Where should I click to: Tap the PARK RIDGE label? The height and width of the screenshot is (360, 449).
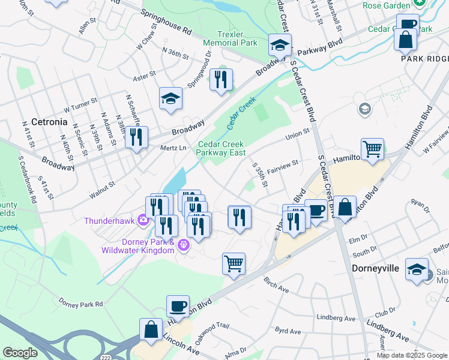425,59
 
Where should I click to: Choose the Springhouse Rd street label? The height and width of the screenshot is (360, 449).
166,20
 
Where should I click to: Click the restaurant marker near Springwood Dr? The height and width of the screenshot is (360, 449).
221,80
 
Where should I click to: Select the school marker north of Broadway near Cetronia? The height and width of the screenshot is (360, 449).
170,99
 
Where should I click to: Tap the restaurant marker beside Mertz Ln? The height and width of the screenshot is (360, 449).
136,137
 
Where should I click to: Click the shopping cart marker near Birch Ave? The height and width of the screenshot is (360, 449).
234,263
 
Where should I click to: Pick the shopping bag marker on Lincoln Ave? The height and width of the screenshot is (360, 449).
151,330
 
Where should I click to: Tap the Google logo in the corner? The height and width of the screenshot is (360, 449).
20,353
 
